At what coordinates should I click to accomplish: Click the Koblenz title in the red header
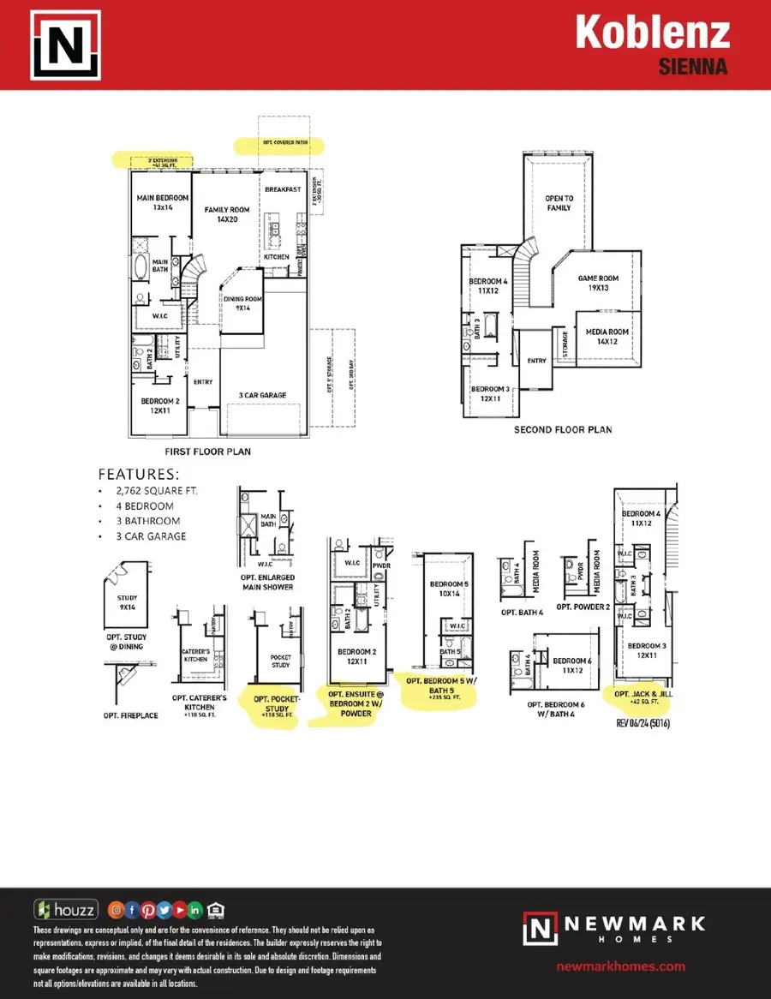652,33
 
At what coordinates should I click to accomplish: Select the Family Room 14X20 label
226,214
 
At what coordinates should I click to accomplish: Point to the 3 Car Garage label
262,395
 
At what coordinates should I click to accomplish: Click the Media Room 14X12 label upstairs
607,337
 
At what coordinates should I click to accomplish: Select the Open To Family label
559,203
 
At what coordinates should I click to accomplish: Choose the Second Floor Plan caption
563,429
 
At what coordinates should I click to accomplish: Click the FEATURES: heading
139,474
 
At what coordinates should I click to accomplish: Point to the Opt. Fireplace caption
130,715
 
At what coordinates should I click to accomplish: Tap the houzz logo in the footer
66,909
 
